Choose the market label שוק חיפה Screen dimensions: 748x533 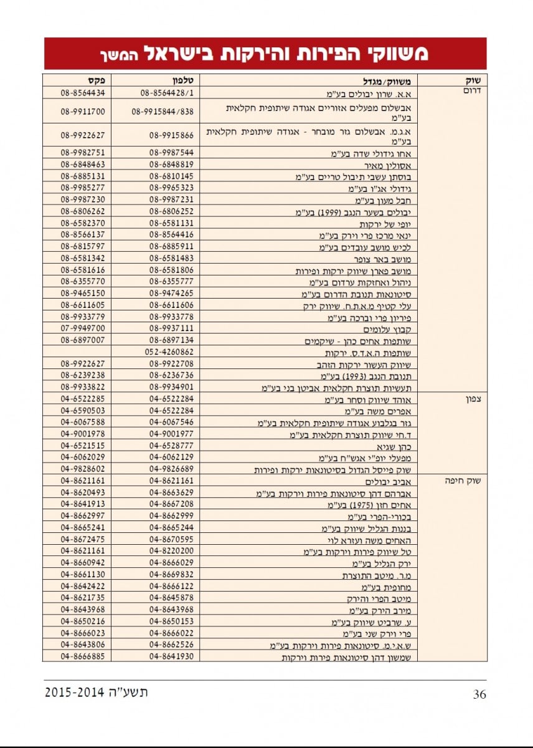[471, 481]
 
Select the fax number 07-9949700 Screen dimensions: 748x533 [83, 328]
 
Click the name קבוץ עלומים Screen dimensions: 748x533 [395, 330]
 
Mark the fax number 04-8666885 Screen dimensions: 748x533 [83, 657]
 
